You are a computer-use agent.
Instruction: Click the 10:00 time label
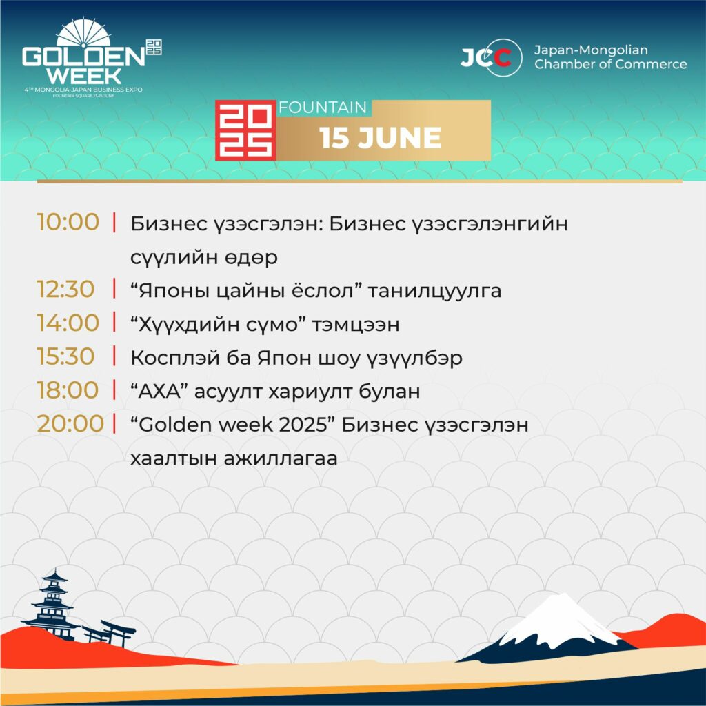pos(68,222)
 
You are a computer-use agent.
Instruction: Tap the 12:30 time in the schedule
pos(65,289)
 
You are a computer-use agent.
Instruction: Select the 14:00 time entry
pos(68,323)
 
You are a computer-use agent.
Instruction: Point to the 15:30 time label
pos(65,356)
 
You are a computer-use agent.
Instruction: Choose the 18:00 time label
pos(68,390)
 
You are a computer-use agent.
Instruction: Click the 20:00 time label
pos(70,424)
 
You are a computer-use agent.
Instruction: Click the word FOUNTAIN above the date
pos(323,108)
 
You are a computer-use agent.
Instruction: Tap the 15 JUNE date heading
pos(381,138)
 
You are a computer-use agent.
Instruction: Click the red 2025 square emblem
pos(245,130)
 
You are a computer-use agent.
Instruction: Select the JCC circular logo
pos(492,57)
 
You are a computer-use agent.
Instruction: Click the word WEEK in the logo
pos(84,76)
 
